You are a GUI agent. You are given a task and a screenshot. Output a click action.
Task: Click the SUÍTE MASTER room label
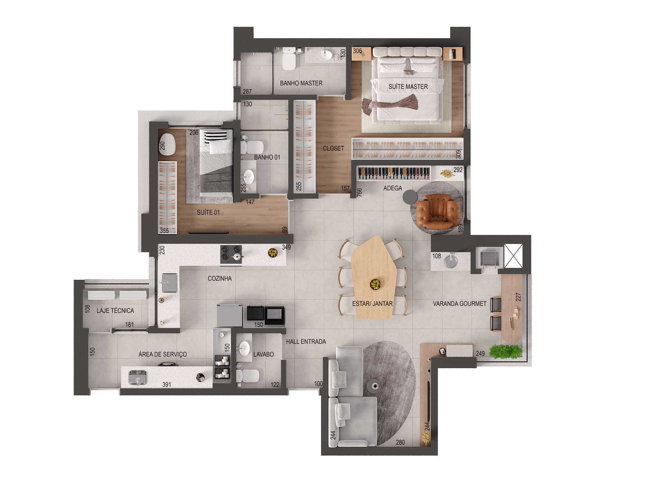click(408, 87)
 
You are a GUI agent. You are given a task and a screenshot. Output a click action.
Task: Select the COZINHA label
click(220, 278)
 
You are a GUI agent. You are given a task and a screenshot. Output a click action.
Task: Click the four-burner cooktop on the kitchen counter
click(231, 254)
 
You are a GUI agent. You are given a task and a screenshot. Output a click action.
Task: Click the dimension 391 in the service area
click(167, 385)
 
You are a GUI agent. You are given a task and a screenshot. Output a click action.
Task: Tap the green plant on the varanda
click(505, 352)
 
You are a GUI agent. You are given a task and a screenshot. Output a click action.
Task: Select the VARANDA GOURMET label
click(460, 304)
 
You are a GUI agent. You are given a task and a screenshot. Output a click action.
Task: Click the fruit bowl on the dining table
click(375, 284)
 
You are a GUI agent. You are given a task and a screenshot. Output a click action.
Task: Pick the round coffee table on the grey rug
click(374, 386)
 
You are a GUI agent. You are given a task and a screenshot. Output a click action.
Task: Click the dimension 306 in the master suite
click(357, 51)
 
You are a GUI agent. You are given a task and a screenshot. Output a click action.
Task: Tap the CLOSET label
click(333, 148)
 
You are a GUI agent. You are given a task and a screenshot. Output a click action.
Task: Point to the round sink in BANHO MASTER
click(325, 55)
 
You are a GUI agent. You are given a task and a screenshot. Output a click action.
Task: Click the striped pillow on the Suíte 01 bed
click(216, 135)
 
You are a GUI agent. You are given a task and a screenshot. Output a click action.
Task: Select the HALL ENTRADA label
click(306, 342)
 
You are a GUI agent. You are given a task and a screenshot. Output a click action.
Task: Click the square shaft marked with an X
click(513, 256)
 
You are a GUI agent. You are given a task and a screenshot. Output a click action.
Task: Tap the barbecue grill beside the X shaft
click(489, 258)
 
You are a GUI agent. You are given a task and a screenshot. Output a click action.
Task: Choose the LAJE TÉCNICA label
click(115, 311)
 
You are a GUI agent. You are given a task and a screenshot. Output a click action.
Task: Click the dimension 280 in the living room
click(400, 442)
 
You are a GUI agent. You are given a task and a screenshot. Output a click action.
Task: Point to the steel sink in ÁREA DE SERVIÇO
click(138, 377)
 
